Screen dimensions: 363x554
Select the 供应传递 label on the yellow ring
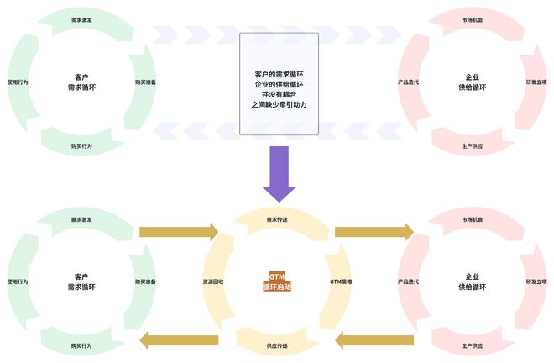(276, 345)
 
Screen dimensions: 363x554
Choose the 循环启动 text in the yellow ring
(277, 287)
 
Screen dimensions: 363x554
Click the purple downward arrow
(277, 172)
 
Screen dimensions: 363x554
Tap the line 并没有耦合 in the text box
(279, 94)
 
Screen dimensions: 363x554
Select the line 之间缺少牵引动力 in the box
(279, 105)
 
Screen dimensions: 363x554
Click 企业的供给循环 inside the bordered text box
(279, 84)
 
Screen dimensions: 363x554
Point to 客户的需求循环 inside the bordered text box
(279, 73)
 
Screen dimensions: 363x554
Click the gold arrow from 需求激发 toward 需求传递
(178, 231)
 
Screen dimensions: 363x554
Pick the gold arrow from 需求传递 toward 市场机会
(374, 231)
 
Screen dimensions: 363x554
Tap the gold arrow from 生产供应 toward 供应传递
(374, 340)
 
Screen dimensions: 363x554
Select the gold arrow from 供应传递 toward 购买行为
(178, 340)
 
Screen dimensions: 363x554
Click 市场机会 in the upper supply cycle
(473, 19)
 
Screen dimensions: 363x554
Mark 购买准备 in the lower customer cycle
(145, 281)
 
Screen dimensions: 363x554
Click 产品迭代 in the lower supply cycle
(408, 281)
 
